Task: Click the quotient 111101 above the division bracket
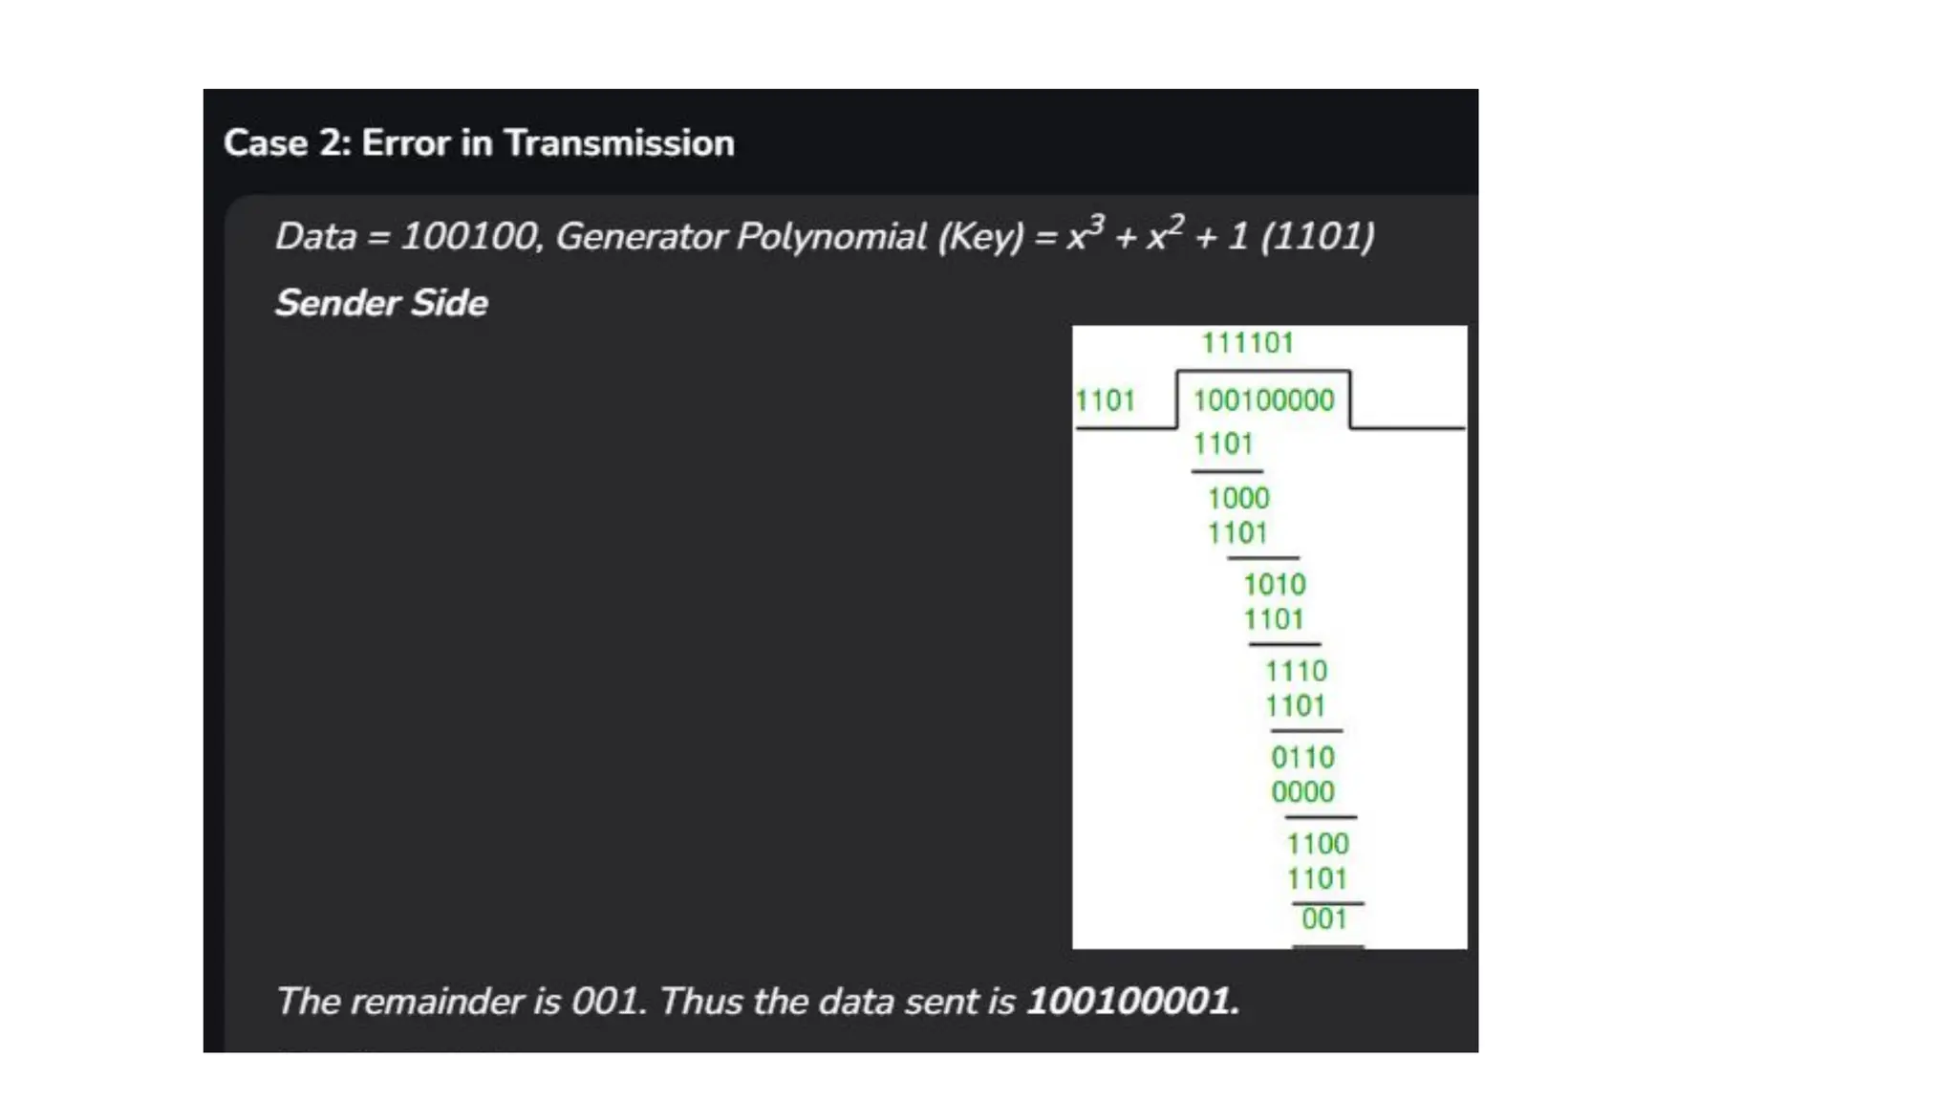coord(1247,343)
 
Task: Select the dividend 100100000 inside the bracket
coord(1263,400)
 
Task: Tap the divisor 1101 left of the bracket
coord(1105,400)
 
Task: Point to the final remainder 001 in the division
coord(1324,919)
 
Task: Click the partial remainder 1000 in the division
coord(1238,498)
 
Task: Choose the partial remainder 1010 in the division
coord(1274,585)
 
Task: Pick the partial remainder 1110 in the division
coord(1296,671)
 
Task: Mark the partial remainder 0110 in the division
coord(1302,758)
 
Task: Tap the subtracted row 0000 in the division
coord(1302,792)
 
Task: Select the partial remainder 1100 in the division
coord(1318,844)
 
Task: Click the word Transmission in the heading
coord(619,143)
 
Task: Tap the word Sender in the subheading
coord(338,303)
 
